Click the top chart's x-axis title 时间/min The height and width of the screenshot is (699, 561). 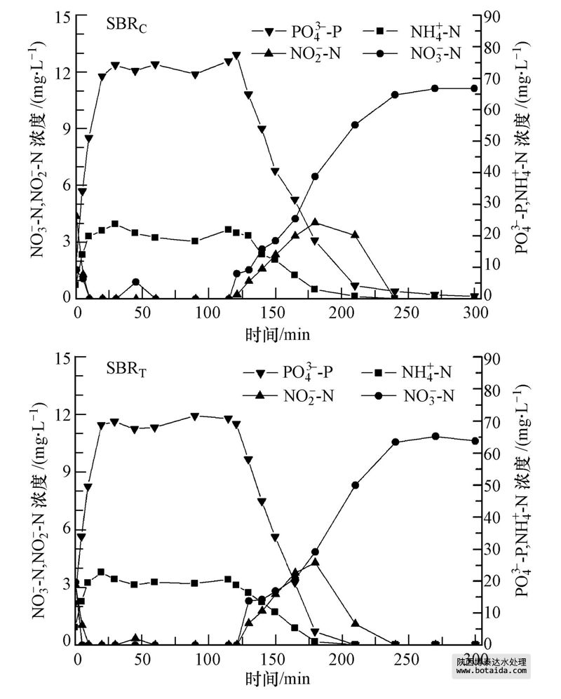point(278,333)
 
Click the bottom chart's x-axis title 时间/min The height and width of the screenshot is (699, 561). point(278,678)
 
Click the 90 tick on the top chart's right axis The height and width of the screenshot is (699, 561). point(492,16)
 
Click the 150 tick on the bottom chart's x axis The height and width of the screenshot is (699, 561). point(276,658)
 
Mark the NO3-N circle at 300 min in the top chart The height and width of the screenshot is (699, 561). point(474,88)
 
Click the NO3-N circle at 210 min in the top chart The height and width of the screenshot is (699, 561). point(355,125)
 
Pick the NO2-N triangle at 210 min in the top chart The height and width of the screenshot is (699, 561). point(355,234)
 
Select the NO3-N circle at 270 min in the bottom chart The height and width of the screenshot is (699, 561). point(435,436)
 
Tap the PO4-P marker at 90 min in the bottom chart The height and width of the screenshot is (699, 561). point(195,416)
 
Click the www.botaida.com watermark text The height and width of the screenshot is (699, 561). point(491,670)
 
